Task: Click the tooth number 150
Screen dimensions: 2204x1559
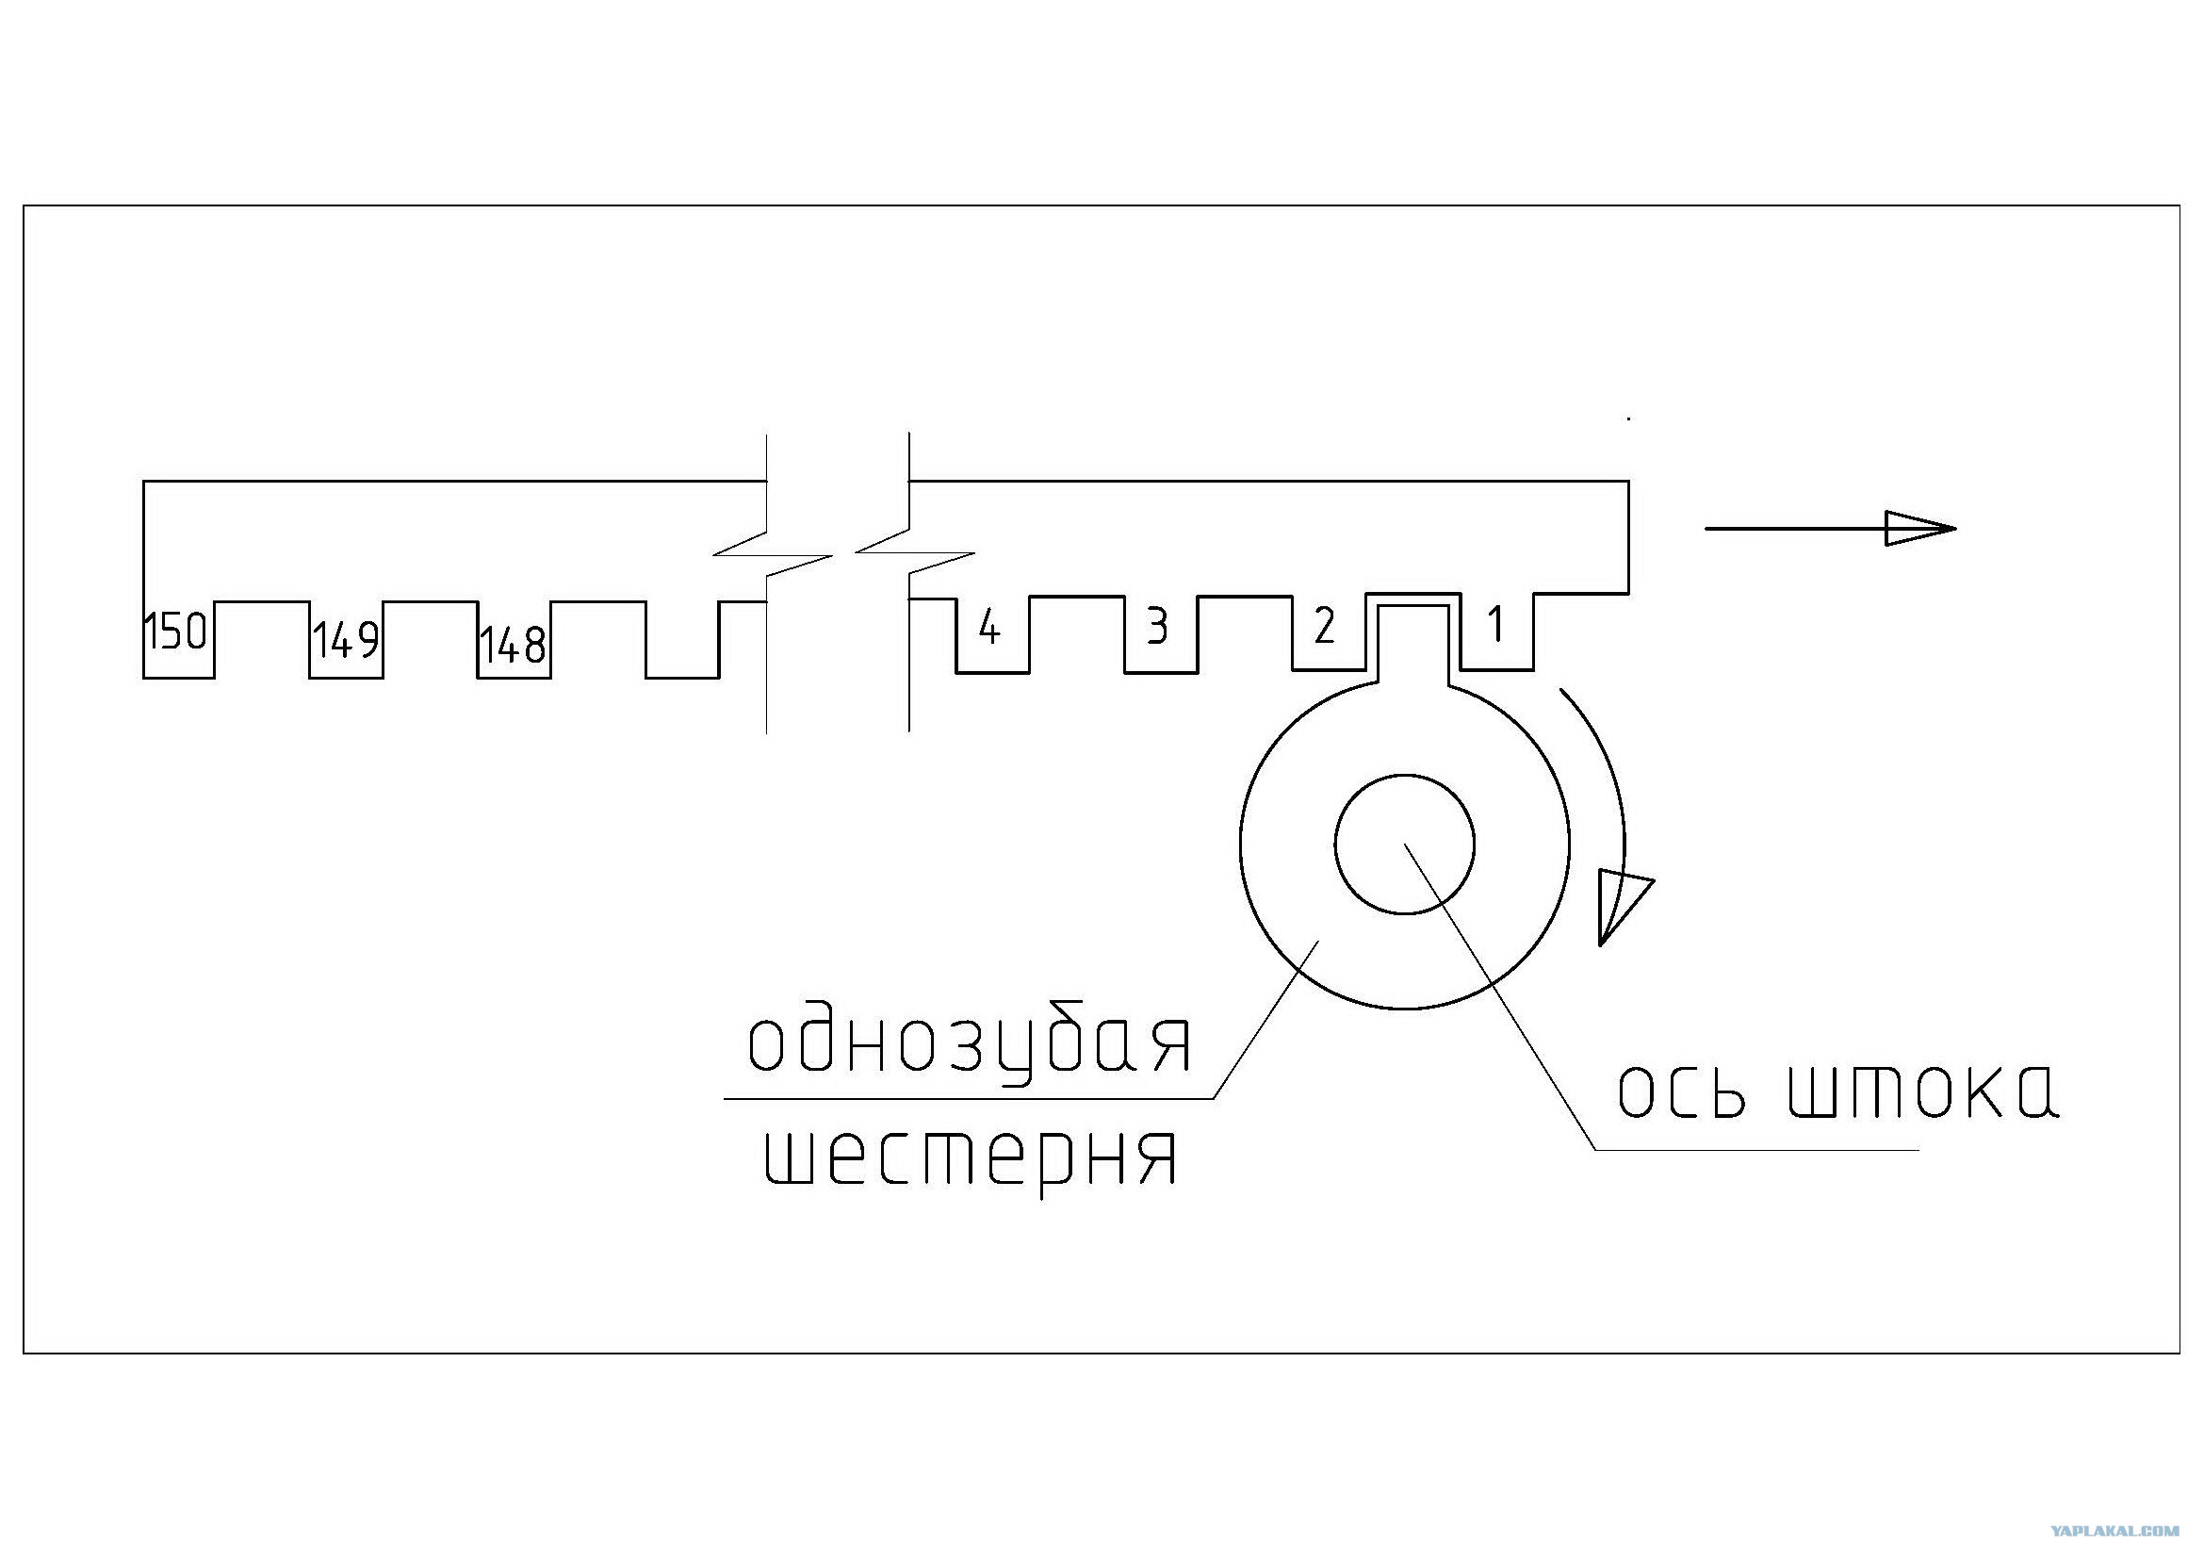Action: (175, 632)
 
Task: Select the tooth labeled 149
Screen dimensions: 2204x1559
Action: (346, 640)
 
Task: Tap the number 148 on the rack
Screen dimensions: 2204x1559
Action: (514, 645)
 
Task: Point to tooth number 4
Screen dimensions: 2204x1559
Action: (989, 628)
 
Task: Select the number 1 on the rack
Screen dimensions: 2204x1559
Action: (1494, 625)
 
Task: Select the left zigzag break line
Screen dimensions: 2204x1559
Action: (767, 583)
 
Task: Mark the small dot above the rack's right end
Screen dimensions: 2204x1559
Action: (1628, 418)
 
